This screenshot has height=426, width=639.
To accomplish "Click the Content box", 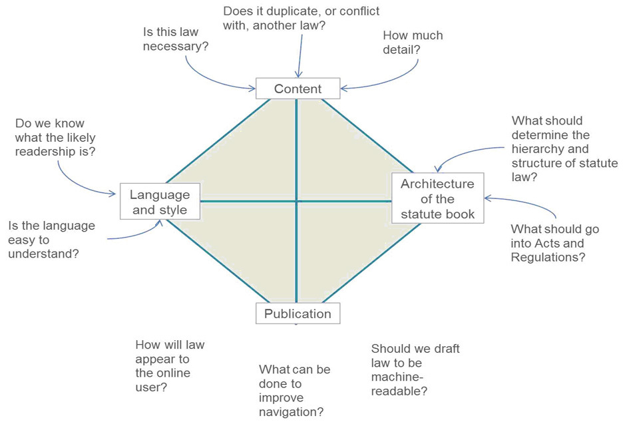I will coord(298,89).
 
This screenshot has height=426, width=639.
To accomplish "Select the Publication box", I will coord(298,314).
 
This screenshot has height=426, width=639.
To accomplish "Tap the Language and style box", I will coord(159,202).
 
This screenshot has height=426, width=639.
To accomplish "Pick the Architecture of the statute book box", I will coord(437,198).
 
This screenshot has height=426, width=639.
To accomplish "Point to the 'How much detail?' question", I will coord(413,42).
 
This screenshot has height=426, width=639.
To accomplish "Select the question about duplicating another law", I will coord(301,19).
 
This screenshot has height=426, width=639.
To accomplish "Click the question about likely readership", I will coord(55,138).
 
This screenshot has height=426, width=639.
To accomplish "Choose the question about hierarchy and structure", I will coord(564,148).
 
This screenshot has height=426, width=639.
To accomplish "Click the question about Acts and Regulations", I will coord(554,242).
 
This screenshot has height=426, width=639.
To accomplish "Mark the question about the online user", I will coord(169,365).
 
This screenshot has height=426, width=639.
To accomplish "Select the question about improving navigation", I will coord(294,391).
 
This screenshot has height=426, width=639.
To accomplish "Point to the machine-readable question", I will coord(415,369).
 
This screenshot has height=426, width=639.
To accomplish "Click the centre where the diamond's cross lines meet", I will coord(296,201).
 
